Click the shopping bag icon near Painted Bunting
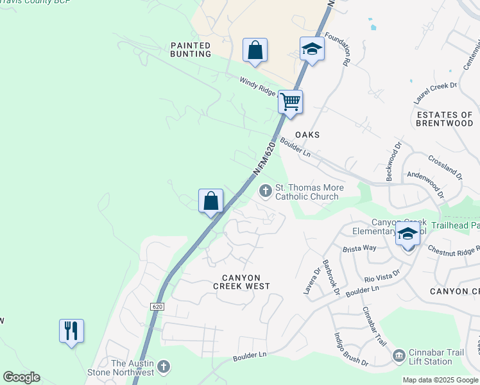coord(255,50)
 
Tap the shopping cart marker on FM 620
coord(291,101)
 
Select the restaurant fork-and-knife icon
coord(71,331)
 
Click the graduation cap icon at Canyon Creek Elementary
coord(407,234)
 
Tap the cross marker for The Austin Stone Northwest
coord(164,367)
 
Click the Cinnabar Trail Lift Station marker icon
coord(399,355)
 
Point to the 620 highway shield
coord(158,307)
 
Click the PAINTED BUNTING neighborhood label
coord(191,49)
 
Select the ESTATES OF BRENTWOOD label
coord(445,119)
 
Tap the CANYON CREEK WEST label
coord(246,282)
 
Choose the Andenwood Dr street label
coord(425,181)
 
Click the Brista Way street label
coord(359,248)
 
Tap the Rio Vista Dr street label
coord(382,276)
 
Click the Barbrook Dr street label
coord(330,276)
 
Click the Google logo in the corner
coord(21,377)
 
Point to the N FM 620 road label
coord(264,158)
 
